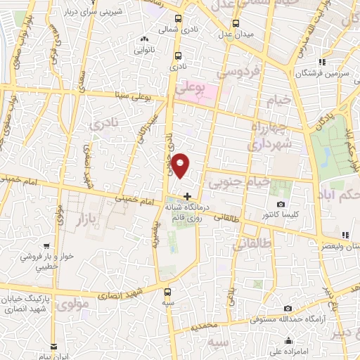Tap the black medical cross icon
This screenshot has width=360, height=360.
pyautogui.click(x=187, y=195)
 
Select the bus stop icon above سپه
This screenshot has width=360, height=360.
pyautogui.click(x=167, y=291)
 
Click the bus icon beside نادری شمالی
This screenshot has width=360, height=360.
pyautogui.click(x=177, y=19)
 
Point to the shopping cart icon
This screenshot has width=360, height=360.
pyautogui.click(x=46, y=247)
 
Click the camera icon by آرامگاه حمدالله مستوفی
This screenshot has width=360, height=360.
pyautogui.click(x=288, y=308)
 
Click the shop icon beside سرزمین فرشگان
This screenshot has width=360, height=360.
pyautogui.click(x=322, y=61)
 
